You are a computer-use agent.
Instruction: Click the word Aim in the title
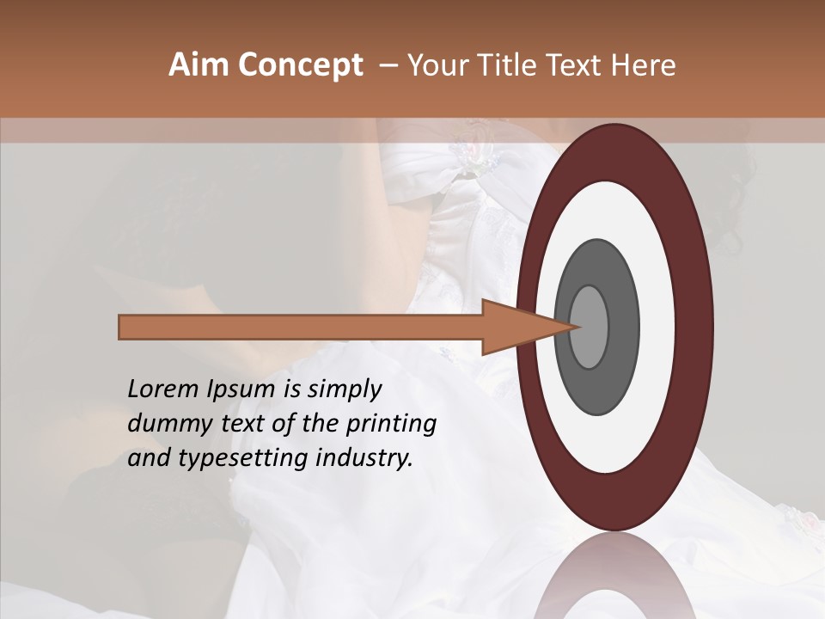[x=199, y=65]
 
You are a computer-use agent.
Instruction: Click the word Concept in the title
[x=301, y=65]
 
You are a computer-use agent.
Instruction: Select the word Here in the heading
[x=645, y=65]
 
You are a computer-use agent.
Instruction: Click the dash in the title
[x=388, y=65]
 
